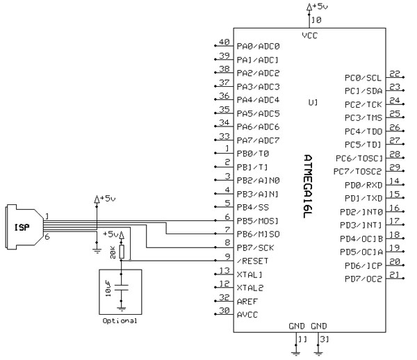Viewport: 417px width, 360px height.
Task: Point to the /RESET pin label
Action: [253, 261]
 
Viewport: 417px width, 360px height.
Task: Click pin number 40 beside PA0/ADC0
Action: [224, 42]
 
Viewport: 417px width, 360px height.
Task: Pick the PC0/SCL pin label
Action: [363, 78]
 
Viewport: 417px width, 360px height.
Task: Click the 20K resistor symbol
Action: [122, 250]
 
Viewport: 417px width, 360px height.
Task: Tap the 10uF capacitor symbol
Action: [122, 286]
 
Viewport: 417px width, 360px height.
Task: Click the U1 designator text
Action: [313, 102]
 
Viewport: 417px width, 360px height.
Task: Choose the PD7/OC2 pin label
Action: [363, 279]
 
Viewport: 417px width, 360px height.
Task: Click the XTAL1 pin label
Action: [250, 275]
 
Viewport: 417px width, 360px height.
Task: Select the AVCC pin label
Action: [247, 315]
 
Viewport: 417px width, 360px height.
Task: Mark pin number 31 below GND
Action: [324, 340]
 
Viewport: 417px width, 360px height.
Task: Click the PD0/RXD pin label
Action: [363, 186]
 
